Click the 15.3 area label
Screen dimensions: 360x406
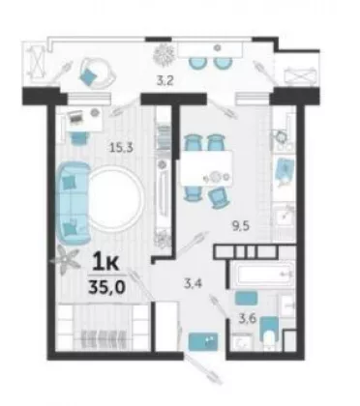point(121,148)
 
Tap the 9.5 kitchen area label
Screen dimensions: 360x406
point(241,226)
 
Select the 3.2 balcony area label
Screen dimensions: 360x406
point(165,80)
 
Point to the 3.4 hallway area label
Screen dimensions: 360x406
point(193,284)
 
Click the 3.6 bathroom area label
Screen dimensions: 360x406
point(248,319)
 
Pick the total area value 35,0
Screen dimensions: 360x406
point(106,287)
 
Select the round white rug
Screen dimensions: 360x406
point(115,198)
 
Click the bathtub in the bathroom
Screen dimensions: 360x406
point(262,274)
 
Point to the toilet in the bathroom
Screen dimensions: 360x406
point(269,332)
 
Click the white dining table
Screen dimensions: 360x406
point(206,168)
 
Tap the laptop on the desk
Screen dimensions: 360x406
point(76,117)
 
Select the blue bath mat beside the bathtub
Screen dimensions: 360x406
point(246,298)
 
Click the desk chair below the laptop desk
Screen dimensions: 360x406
point(78,138)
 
